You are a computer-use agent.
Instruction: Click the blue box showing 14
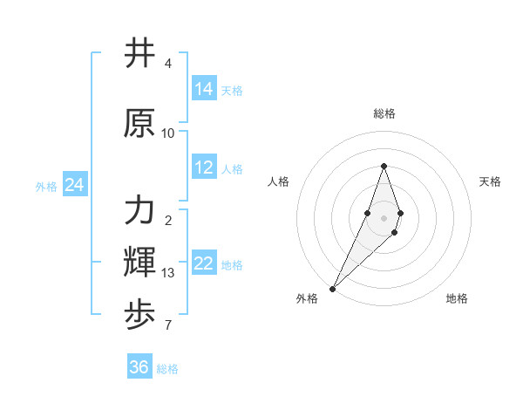pyautogui.click(x=204, y=89)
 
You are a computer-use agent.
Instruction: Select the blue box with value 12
pyautogui.click(x=204, y=167)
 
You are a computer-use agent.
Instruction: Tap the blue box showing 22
pyautogui.click(x=204, y=263)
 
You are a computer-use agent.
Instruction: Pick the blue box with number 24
pyautogui.click(x=74, y=185)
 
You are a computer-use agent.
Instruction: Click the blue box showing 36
pyautogui.click(x=139, y=367)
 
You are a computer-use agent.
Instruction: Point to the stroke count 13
pyautogui.click(x=168, y=273)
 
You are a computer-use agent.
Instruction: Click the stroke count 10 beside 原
pyautogui.click(x=168, y=133)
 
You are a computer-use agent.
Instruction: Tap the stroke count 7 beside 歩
pyautogui.click(x=168, y=326)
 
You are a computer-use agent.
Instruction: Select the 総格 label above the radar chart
pyautogui.click(x=384, y=113)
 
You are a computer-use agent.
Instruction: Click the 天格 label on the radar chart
pyautogui.click(x=490, y=181)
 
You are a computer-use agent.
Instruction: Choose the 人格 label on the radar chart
pyautogui.click(x=279, y=181)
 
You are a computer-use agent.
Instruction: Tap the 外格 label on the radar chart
pyautogui.click(x=307, y=298)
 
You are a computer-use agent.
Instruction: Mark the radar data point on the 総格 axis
pyautogui.click(x=384, y=166)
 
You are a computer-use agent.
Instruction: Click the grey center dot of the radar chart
pyautogui.click(x=384, y=217)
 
